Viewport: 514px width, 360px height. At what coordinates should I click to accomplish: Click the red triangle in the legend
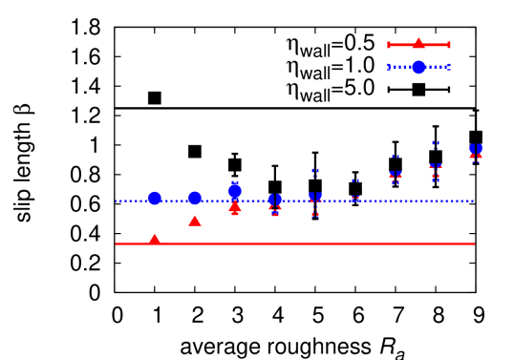[418, 43]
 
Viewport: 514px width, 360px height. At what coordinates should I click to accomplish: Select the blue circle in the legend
[418, 67]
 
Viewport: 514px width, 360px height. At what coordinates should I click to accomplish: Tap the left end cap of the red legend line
[389, 45]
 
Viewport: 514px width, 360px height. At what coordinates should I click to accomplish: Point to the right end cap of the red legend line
[448, 45]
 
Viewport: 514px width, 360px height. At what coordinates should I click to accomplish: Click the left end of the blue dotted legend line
[389, 67]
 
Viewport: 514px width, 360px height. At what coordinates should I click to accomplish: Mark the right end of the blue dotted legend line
[448, 67]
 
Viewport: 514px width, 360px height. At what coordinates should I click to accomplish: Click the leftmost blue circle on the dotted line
[155, 199]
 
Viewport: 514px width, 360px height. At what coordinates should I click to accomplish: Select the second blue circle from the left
[195, 198]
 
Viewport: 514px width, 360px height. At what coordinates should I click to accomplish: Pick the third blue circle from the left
[235, 191]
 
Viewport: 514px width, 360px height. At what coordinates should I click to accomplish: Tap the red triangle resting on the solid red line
[155, 238]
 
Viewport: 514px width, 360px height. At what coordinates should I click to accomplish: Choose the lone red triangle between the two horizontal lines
[195, 221]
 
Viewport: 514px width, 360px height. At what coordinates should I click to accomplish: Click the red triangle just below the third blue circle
[235, 205]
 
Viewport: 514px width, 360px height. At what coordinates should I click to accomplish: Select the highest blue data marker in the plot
[476, 150]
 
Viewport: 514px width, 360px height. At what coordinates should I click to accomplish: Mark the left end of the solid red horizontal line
[117, 244]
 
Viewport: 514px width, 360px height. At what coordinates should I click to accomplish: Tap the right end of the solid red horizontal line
[474, 244]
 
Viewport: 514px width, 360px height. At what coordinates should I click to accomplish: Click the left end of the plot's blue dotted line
[117, 201]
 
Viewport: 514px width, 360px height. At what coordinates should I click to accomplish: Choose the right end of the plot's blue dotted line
[473, 201]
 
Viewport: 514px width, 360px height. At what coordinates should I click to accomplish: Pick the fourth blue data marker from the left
[275, 200]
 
